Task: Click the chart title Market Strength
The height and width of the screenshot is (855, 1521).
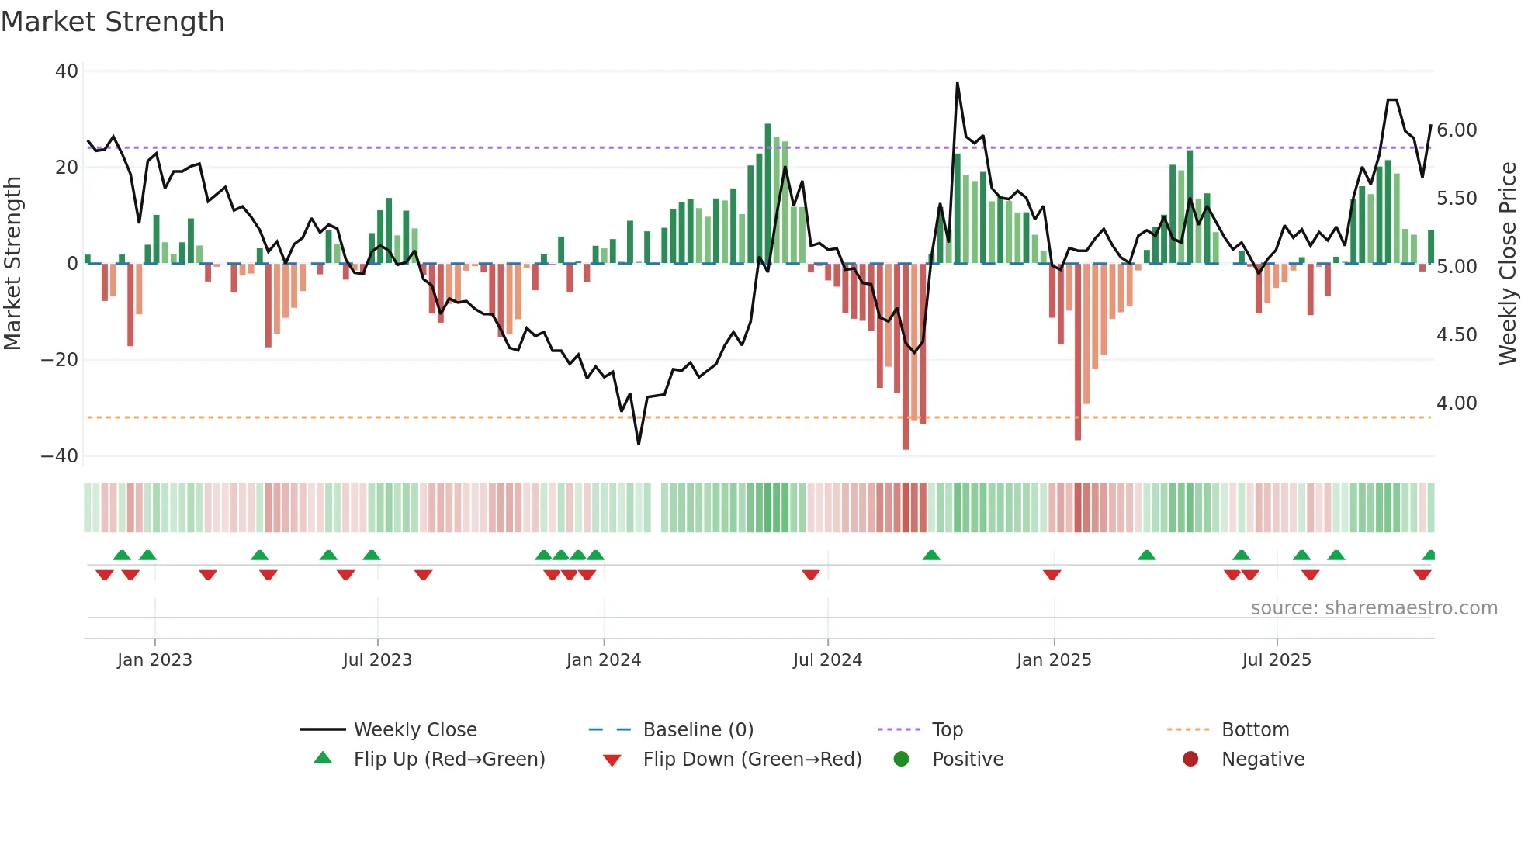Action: click(x=113, y=22)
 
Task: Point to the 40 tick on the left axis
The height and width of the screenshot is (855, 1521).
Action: click(x=67, y=71)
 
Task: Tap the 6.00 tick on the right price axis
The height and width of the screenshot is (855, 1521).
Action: click(x=1457, y=130)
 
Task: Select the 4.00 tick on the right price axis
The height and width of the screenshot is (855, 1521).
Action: click(x=1457, y=403)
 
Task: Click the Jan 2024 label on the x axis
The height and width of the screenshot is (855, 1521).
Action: click(x=603, y=660)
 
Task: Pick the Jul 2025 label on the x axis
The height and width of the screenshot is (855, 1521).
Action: click(x=1276, y=660)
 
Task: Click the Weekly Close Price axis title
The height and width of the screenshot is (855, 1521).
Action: click(x=1507, y=264)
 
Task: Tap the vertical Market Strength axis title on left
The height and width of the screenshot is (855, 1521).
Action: click(x=12, y=264)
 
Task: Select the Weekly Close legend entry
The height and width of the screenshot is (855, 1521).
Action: click(x=415, y=730)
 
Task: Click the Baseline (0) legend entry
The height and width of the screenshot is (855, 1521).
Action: click(x=698, y=730)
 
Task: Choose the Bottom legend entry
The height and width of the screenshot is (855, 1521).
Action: click(x=1255, y=730)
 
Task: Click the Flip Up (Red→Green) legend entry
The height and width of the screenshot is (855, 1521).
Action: click(x=449, y=760)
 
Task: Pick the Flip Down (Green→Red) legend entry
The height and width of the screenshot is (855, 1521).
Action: click(x=752, y=760)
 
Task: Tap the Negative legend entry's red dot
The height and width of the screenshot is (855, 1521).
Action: click(x=1190, y=760)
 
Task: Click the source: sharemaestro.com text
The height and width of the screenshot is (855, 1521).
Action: click(x=1374, y=608)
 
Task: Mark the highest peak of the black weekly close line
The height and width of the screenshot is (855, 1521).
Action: click(x=957, y=84)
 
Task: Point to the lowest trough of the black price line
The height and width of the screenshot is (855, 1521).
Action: click(x=639, y=444)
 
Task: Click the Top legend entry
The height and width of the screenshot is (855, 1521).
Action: click(x=947, y=730)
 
